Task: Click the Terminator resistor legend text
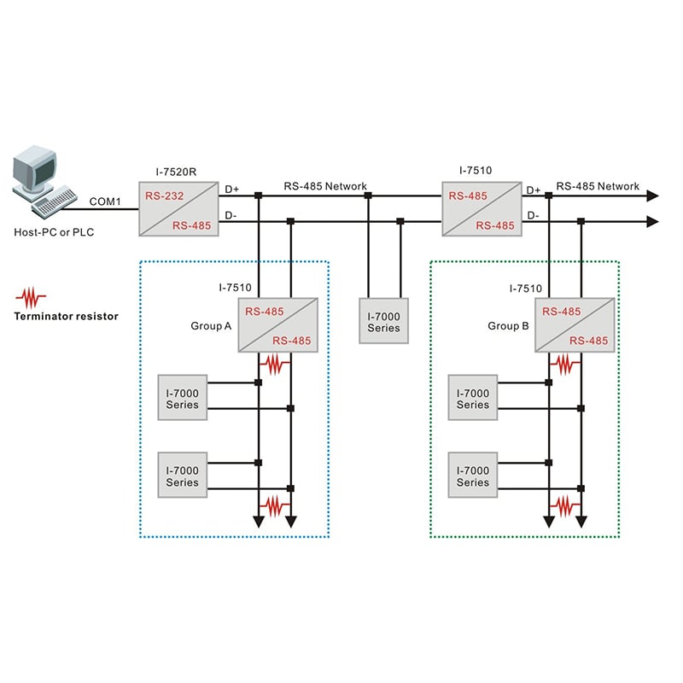[x=66, y=316]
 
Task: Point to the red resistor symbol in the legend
[x=32, y=297]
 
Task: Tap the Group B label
[x=510, y=325]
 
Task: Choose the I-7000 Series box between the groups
[x=383, y=321]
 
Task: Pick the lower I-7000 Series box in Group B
[x=473, y=476]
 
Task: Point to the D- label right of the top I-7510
[x=533, y=215]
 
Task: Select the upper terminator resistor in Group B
[x=564, y=365]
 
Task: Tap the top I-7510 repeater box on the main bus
[x=481, y=207]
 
